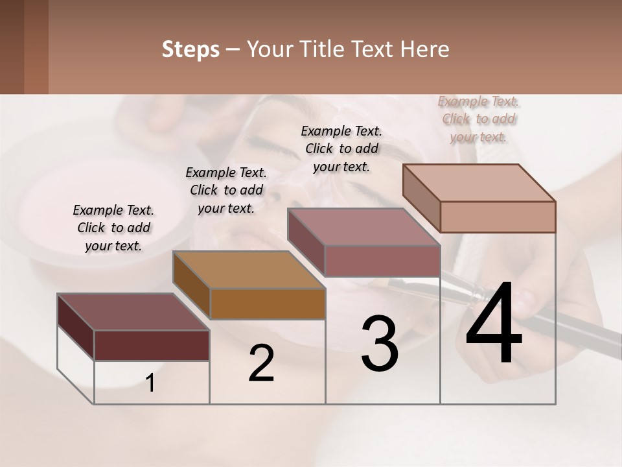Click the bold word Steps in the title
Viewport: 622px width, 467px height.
[190, 50]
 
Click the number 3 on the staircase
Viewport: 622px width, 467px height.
[379, 344]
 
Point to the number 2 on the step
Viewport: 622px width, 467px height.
[261, 363]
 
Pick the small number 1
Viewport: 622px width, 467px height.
[150, 383]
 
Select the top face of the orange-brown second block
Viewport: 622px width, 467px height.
[249, 269]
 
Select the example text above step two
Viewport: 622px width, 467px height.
[226, 190]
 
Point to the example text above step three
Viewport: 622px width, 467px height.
[341, 149]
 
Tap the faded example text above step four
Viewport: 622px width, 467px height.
[479, 119]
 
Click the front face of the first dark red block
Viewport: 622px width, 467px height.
[152, 345]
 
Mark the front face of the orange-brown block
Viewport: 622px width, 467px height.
[268, 304]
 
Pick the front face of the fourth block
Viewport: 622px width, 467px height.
[498, 217]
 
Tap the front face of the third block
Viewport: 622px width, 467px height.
[382, 261]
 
